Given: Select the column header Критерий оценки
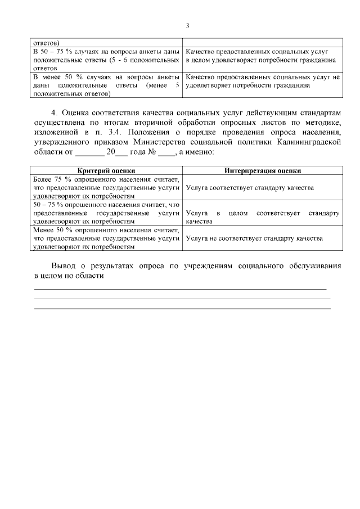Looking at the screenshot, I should [106, 170].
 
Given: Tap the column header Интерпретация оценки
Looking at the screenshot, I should [262, 170].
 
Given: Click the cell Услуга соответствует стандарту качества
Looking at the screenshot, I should [249, 187].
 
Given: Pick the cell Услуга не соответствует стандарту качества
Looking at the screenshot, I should [254, 238].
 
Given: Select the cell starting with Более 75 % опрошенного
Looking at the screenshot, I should [106, 187].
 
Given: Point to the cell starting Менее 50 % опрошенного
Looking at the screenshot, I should [106, 238].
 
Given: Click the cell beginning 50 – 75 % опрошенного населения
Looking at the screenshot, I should [106, 213].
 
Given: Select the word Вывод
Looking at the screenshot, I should [64, 265].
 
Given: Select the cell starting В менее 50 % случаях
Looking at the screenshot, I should [106, 85].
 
